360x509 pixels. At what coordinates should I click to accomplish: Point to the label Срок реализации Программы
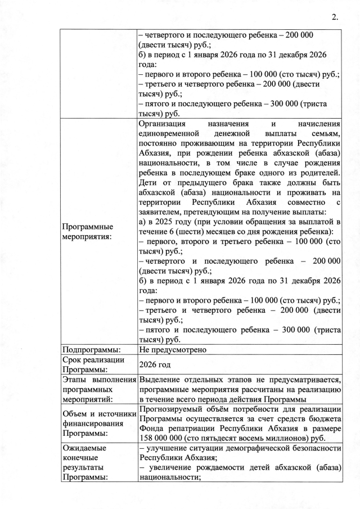coord(91,364)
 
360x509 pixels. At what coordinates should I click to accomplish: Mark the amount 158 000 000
coord(163,435)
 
